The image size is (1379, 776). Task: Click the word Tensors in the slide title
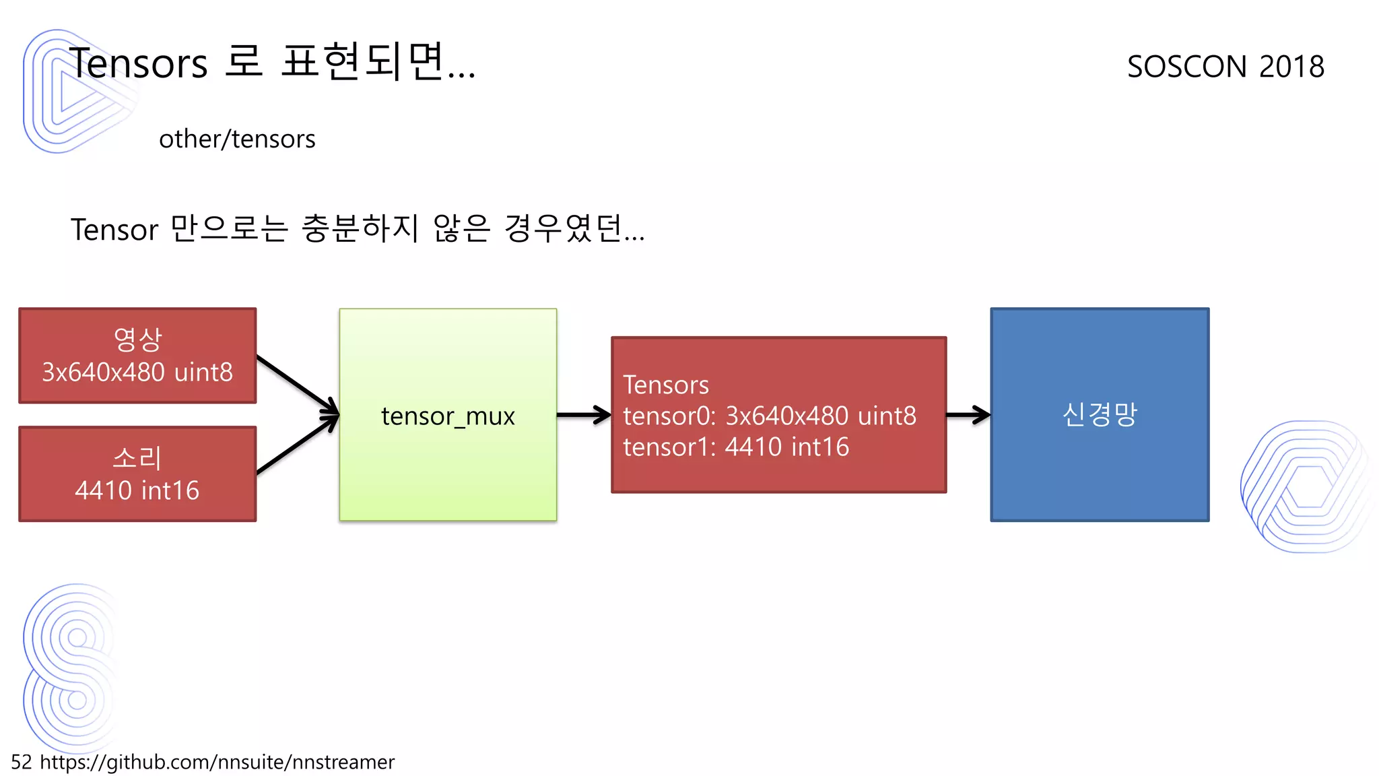click(138, 64)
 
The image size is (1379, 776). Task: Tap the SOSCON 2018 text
click(1225, 67)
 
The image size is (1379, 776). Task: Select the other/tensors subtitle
click(237, 139)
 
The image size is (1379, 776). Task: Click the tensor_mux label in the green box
click(448, 416)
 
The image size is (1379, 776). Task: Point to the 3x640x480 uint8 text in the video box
click(137, 373)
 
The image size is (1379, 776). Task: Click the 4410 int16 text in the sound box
click(137, 490)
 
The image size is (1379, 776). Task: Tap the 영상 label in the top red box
click(137, 339)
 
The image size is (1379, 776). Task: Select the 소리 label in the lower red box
click(137, 458)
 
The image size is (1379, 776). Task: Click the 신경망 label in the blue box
click(1099, 414)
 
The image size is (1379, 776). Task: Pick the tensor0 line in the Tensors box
click(769, 416)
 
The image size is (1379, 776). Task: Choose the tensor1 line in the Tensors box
click(735, 447)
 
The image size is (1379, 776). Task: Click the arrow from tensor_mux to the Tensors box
click(583, 415)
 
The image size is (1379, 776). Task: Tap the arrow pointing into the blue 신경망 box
click(968, 415)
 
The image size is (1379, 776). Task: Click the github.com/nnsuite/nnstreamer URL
click(217, 762)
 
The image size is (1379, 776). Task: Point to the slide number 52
click(21, 762)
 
